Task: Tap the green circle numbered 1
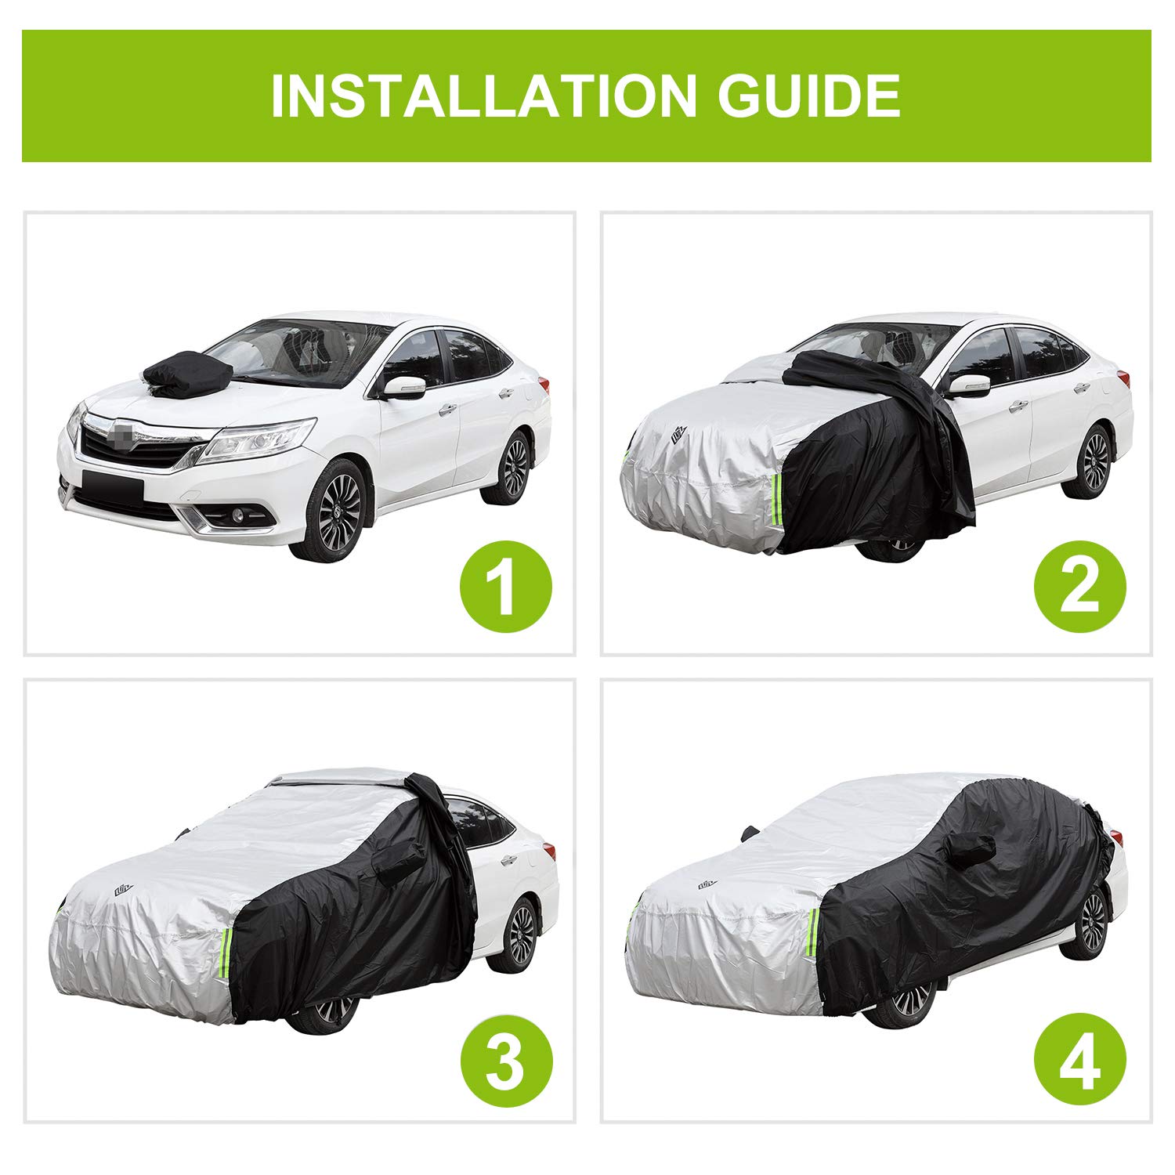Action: tap(505, 587)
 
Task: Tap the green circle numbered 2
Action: tap(1079, 587)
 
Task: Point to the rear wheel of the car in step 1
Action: tap(513, 467)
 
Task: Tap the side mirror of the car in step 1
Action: tap(405, 386)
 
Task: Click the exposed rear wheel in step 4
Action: tap(1093, 922)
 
